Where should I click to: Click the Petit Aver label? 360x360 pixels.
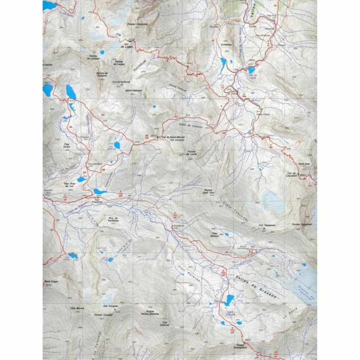click(x=304, y=164)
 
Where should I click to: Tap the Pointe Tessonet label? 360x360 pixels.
click(x=302, y=224)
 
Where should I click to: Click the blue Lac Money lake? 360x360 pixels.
click(x=73, y=255)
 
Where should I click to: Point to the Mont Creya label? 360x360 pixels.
click(x=52, y=282)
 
